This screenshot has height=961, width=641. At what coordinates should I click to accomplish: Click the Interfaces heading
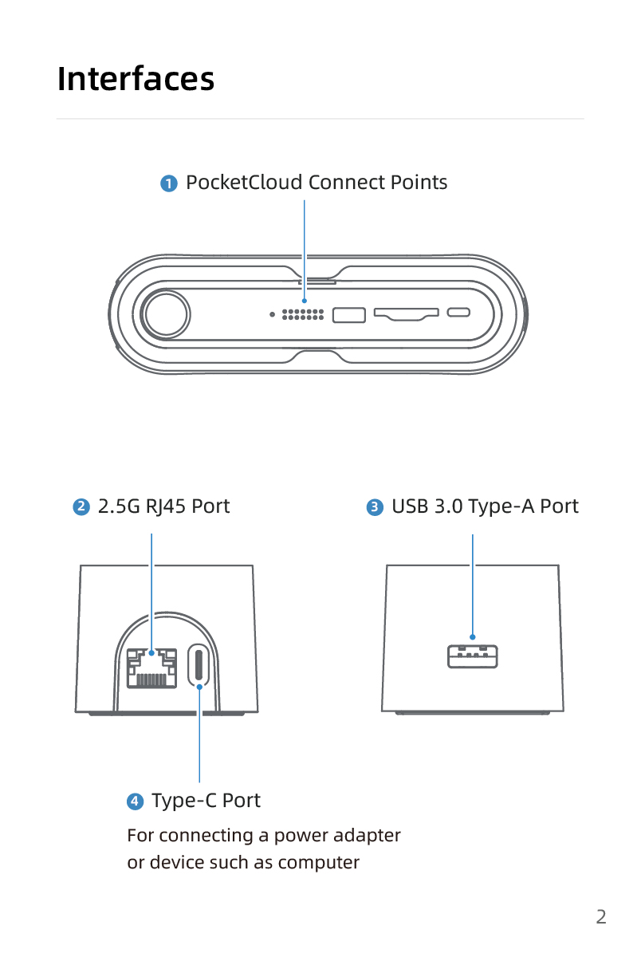136,79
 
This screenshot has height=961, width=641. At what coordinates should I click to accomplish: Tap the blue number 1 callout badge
169,183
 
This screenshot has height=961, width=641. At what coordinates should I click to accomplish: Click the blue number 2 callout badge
81,507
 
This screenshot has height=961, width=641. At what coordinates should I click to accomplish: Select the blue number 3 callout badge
375,507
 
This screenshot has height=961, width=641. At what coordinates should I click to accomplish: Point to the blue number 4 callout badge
136,801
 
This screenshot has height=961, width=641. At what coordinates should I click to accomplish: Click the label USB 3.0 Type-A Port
485,506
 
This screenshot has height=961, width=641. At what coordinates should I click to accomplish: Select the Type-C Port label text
206,800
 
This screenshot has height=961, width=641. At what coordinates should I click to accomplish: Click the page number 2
601,916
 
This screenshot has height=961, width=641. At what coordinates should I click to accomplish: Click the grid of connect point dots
303,314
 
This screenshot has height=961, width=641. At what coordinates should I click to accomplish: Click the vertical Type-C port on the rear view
199,665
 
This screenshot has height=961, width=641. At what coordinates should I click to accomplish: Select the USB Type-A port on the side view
473,656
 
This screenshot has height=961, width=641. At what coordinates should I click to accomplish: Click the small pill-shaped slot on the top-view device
458,313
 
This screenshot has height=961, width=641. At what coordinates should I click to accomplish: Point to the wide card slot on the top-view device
406,313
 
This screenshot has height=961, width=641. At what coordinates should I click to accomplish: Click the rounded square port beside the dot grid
348,314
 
